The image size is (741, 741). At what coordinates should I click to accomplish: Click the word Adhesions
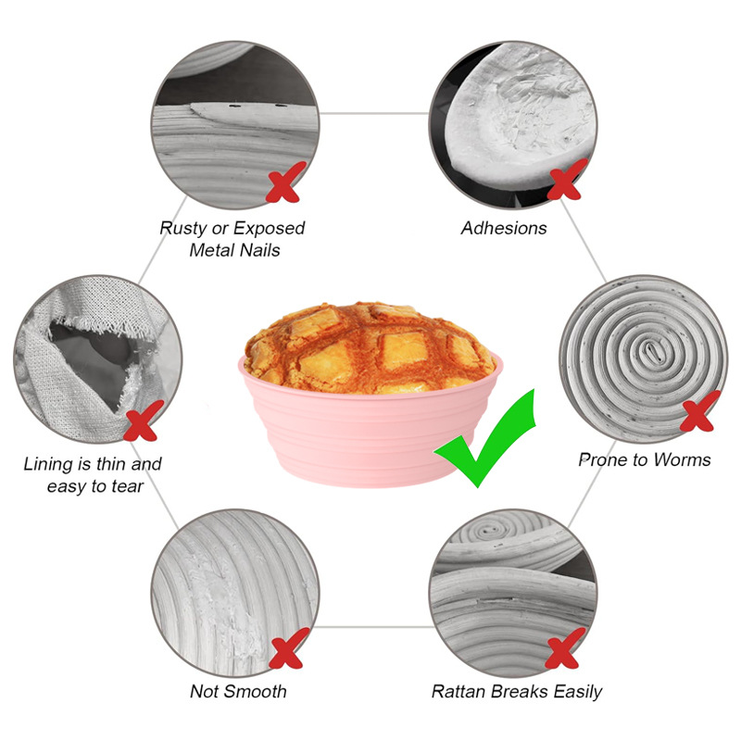(x=504, y=227)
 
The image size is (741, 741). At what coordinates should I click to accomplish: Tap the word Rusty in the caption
(x=184, y=227)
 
